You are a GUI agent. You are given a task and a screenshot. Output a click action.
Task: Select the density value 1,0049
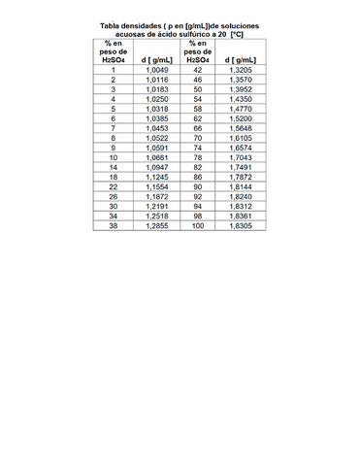coord(156,71)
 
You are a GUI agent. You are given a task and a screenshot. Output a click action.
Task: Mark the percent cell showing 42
coord(198,71)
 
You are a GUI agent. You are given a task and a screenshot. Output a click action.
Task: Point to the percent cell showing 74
coord(198,148)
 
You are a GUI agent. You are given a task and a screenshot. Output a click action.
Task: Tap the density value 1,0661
coord(156,156)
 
